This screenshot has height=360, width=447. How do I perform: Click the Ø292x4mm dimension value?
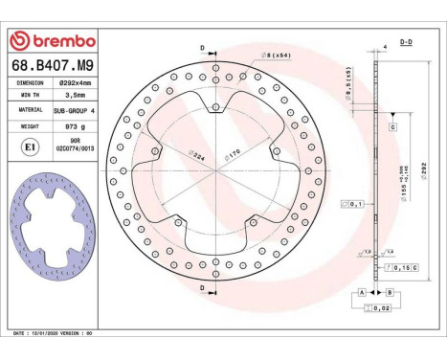pyautogui.click(x=74, y=83)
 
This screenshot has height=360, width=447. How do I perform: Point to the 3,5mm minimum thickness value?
pyautogui.click(x=74, y=96)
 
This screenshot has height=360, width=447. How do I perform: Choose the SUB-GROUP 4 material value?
pyautogui.click(x=74, y=109)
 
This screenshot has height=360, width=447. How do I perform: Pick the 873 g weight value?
pyautogui.click(x=74, y=124)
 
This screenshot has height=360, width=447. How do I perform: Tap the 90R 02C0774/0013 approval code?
pyautogui.click(x=74, y=145)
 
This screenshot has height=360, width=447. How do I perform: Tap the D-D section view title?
pyautogui.click(x=405, y=43)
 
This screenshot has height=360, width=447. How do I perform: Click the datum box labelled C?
pyautogui.click(x=392, y=126)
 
